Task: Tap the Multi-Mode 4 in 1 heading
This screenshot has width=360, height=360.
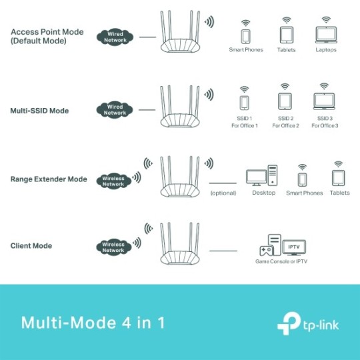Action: tap(92, 323)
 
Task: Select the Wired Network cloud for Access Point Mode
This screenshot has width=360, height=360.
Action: tap(115, 37)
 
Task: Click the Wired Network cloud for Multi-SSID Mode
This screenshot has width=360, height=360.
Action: tap(115, 109)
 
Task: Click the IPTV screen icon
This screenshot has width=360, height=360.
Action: tap(292, 247)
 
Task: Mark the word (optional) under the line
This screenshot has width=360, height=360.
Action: tap(223, 193)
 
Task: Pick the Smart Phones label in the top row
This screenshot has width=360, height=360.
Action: tap(246, 50)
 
